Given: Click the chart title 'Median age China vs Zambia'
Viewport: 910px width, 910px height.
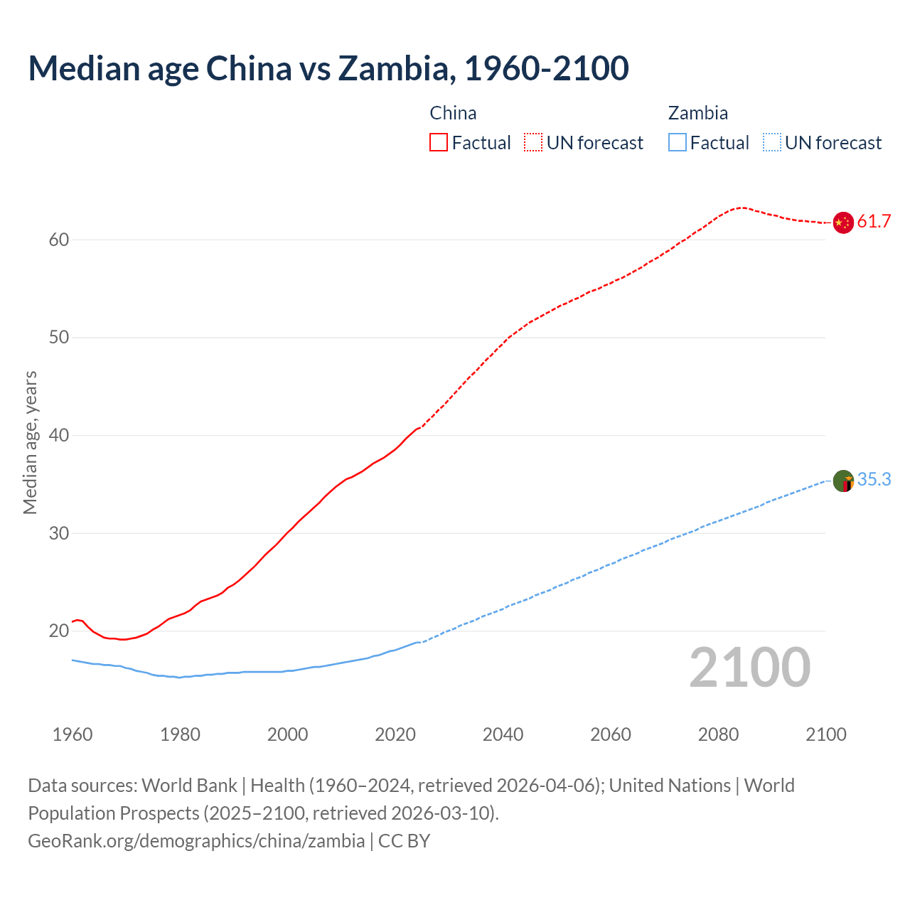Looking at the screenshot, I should pyautogui.click(x=328, y=68).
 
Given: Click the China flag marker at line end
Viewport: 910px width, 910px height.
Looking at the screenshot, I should pyautogui.click(x=843, y=223).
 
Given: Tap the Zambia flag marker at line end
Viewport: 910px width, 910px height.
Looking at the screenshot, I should pyautogui.click(x=843, y=481).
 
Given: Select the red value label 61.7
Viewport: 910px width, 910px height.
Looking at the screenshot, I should pyautogui.click(x=874, y=222).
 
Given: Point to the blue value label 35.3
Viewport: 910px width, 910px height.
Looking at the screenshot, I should pyautogui.click(x=874, y=480).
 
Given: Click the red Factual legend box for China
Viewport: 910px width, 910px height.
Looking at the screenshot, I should pyautogui.click(x=439, y=143).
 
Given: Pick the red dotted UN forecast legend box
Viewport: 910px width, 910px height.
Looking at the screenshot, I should pyautogui.click(x=533, y=143).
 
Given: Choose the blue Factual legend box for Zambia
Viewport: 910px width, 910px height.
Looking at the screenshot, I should pyautogui.click(x=678, y=143).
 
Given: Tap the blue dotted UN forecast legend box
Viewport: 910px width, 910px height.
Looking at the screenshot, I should pyautogui.click(x=771, y=143).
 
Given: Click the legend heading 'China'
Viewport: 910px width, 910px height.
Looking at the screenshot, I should pyautogui.click(x=453, y=113).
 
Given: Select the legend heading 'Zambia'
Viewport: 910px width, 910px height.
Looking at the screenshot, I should pyautogui.click(x=697, y=113).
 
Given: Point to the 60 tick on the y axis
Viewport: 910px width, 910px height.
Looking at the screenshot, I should pyautogui.click(x=59, y=240).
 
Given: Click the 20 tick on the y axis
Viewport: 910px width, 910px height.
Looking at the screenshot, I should pyautogui.click(x=59, y=631).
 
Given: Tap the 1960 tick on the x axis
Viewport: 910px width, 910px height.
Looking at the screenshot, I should pyautogui.click(x=73, y=734).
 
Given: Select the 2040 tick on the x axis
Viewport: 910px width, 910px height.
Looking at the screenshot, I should pyautogui.click(x=503, y=734).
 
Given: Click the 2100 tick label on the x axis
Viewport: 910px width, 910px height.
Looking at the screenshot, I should pyautogui.click(x=826, y=734).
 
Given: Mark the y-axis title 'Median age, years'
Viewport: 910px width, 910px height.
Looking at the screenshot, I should pyautogui.click(x=30, y=442).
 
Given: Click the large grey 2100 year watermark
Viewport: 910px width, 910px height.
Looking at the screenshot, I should pyautogui.click(x=749, y=668).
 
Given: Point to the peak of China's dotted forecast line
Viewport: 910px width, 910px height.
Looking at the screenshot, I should pyautogui.click(x=742, y=208).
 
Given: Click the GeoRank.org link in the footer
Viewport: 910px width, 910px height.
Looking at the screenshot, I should pyautogui.click(x=196, y=841).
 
